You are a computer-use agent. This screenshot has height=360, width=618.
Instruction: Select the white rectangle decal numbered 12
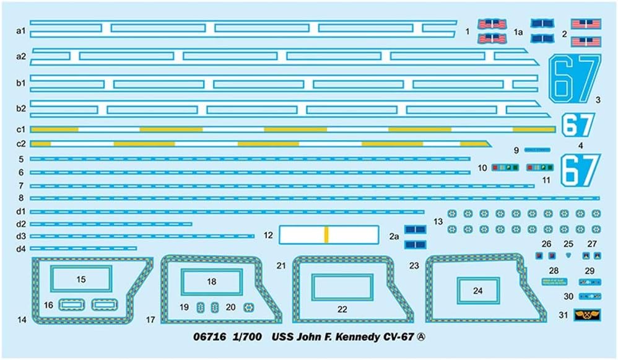pyautogui.click(x=328, y=234)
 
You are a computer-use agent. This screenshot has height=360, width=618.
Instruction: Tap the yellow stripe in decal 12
pyautogui.click(x=326, y=234)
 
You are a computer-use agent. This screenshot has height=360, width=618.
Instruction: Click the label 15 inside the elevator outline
pyautogui.click(x=81, y=279)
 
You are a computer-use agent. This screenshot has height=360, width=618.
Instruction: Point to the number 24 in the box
pyautogui.click(x=477, y=289)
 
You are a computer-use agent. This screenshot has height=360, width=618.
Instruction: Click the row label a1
pyautogui.click(x=20, y=30)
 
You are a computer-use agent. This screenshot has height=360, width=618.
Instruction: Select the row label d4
pyautogui.click(x=20, y=248)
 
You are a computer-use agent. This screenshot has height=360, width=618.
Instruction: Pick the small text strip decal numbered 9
pyautogui.click(x=537, y=150)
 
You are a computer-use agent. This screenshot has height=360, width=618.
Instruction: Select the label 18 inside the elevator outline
pyautogui.click(x=212, y=281)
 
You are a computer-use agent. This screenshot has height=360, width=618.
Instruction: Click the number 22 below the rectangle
pyautogui.click(x=342, y=309)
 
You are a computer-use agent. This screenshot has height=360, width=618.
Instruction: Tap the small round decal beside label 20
pyautogui.click(x=249, y=307)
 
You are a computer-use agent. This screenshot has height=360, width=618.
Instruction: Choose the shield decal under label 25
pyautogui.click(x=568, y=254)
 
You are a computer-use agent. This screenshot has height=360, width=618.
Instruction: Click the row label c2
pyautogui.click(x=20, y=144)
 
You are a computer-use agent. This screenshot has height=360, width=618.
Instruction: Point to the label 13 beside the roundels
pyautogui.click(x=438, y=221)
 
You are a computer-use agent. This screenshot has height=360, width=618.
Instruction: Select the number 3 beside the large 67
pyautogui.click(x=598, y=99)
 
